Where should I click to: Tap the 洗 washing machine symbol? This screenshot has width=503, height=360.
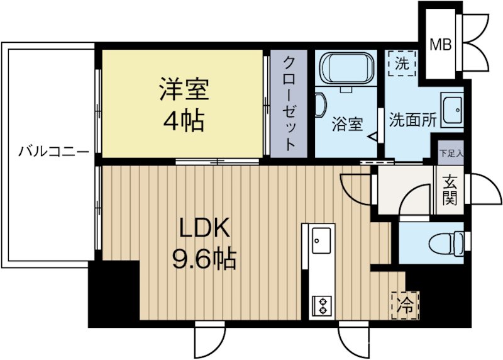[401, 63]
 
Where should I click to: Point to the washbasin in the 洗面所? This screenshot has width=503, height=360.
[452, 111]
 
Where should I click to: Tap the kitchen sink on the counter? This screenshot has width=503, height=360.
[322, 241]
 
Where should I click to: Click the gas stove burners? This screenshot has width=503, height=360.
[321, 305]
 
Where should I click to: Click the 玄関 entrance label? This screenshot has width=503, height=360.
[450, 189]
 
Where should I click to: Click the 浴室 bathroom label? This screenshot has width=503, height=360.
[347, 123]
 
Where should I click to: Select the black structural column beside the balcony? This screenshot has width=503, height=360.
[113, 293]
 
